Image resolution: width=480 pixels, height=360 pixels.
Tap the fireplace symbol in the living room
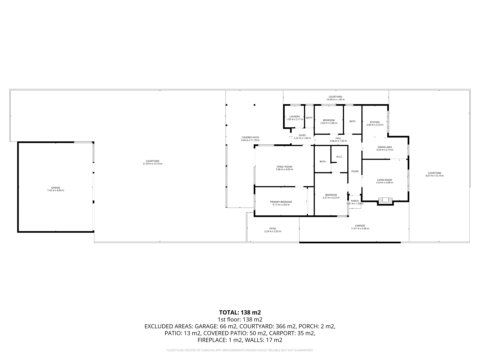[385, 201]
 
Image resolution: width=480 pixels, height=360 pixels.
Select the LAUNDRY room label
[295, 117]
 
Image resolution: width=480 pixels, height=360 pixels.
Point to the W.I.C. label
[339, 157]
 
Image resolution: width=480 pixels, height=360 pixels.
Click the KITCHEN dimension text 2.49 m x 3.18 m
[375, 125]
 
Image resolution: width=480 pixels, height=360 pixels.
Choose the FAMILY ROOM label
[284, 167]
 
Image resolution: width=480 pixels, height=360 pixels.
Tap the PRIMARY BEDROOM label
[281, 202]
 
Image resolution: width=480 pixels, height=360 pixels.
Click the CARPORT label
[360, 226]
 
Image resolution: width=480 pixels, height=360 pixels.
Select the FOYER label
[355, 171]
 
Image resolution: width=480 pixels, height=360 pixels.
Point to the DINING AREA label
[385, 147]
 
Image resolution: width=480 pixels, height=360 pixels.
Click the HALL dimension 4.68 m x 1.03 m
[338, 141]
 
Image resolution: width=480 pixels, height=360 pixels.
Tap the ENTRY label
[302, 135]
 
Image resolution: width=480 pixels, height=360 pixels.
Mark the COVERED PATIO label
[250, 137]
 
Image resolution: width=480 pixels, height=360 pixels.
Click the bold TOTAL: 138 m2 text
[240, 313]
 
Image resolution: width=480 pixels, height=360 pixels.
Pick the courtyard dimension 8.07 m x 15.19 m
[435, 176]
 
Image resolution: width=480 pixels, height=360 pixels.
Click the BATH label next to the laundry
[309, 118]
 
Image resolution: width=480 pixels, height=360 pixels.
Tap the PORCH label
[355, 201]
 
